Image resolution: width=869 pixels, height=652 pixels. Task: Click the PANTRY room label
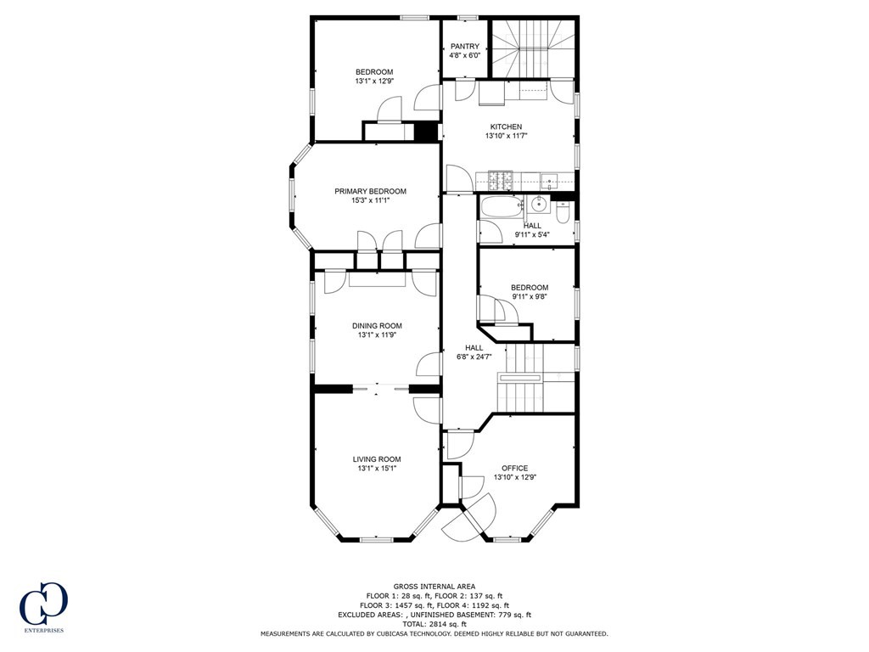[x=465, y=46]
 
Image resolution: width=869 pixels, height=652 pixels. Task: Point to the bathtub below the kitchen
[x=502, y=207]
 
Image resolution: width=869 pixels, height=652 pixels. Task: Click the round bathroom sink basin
[x=536, y=205]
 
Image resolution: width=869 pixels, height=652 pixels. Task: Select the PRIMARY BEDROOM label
[x=370, y=191]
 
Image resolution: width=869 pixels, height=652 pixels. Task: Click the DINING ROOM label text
[x=378, y=325]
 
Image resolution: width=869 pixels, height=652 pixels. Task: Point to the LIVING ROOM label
[x=377, y=459]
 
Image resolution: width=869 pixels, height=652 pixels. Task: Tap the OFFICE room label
[x=514, y=468]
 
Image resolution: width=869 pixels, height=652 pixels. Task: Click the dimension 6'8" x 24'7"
[x=474, y=357]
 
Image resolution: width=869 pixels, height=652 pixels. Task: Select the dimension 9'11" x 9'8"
[x=530, y=297]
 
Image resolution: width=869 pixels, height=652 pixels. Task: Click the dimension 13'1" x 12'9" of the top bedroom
[x=374, y=81]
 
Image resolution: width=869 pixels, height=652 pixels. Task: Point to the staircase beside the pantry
[x=535, y=47]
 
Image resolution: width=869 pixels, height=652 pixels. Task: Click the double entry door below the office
[x=468, y=519]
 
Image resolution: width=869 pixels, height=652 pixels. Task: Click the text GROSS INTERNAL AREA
[x=434, y=586]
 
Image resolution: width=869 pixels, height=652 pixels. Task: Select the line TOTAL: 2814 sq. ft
[x=434, y=624]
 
